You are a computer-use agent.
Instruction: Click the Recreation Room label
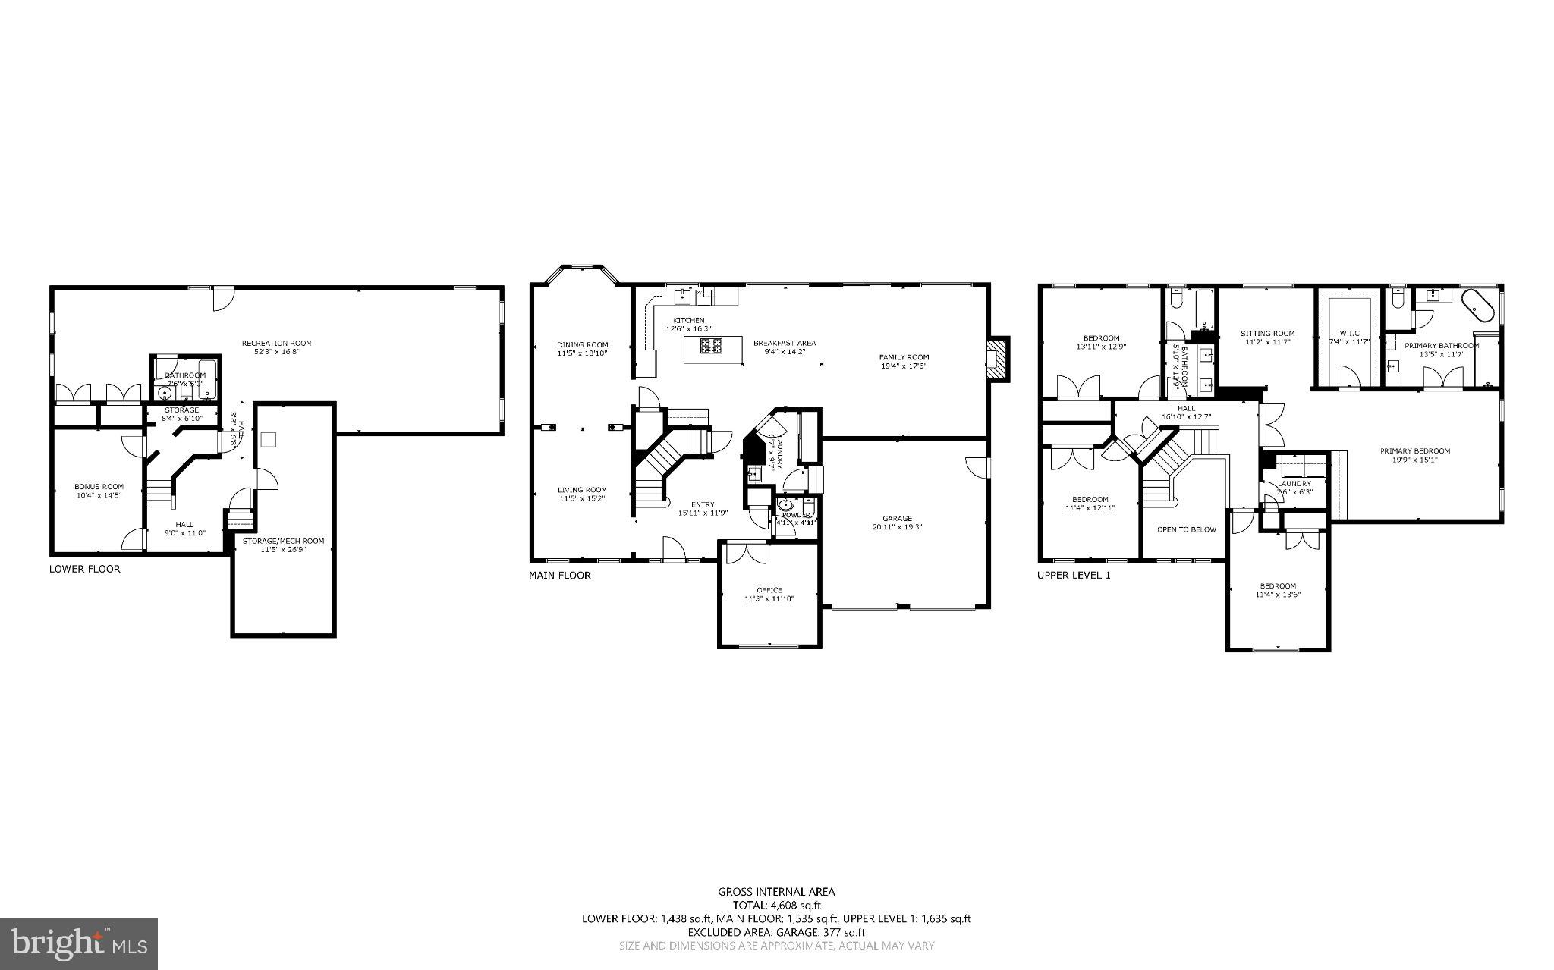click(276, 343)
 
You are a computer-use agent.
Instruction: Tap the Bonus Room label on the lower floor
click(99, 487)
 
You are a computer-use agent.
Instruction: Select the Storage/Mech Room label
click(283, 541)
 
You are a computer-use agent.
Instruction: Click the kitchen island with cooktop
click(711, 350)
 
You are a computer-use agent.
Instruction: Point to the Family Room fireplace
click(996, 357)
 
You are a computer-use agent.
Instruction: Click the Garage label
click(897, 519)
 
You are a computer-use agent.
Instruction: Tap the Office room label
click(769, 590)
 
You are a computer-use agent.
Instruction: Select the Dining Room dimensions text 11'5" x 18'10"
click(582, 353)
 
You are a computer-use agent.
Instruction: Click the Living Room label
click(582, 490)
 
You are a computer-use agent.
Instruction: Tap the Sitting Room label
click(1267, 333)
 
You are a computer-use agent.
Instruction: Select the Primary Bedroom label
click(1414, 451)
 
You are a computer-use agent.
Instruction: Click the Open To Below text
click(1186, 529)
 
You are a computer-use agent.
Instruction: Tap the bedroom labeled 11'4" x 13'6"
click(1278, 590)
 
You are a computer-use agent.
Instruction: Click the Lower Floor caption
click(84, 569)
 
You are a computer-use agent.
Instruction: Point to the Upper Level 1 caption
click(1073, 575)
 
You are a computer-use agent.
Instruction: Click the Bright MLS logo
click(79, 943)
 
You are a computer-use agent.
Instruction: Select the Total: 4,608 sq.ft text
click(776, 905)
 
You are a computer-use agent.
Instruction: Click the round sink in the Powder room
click(785, 504)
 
